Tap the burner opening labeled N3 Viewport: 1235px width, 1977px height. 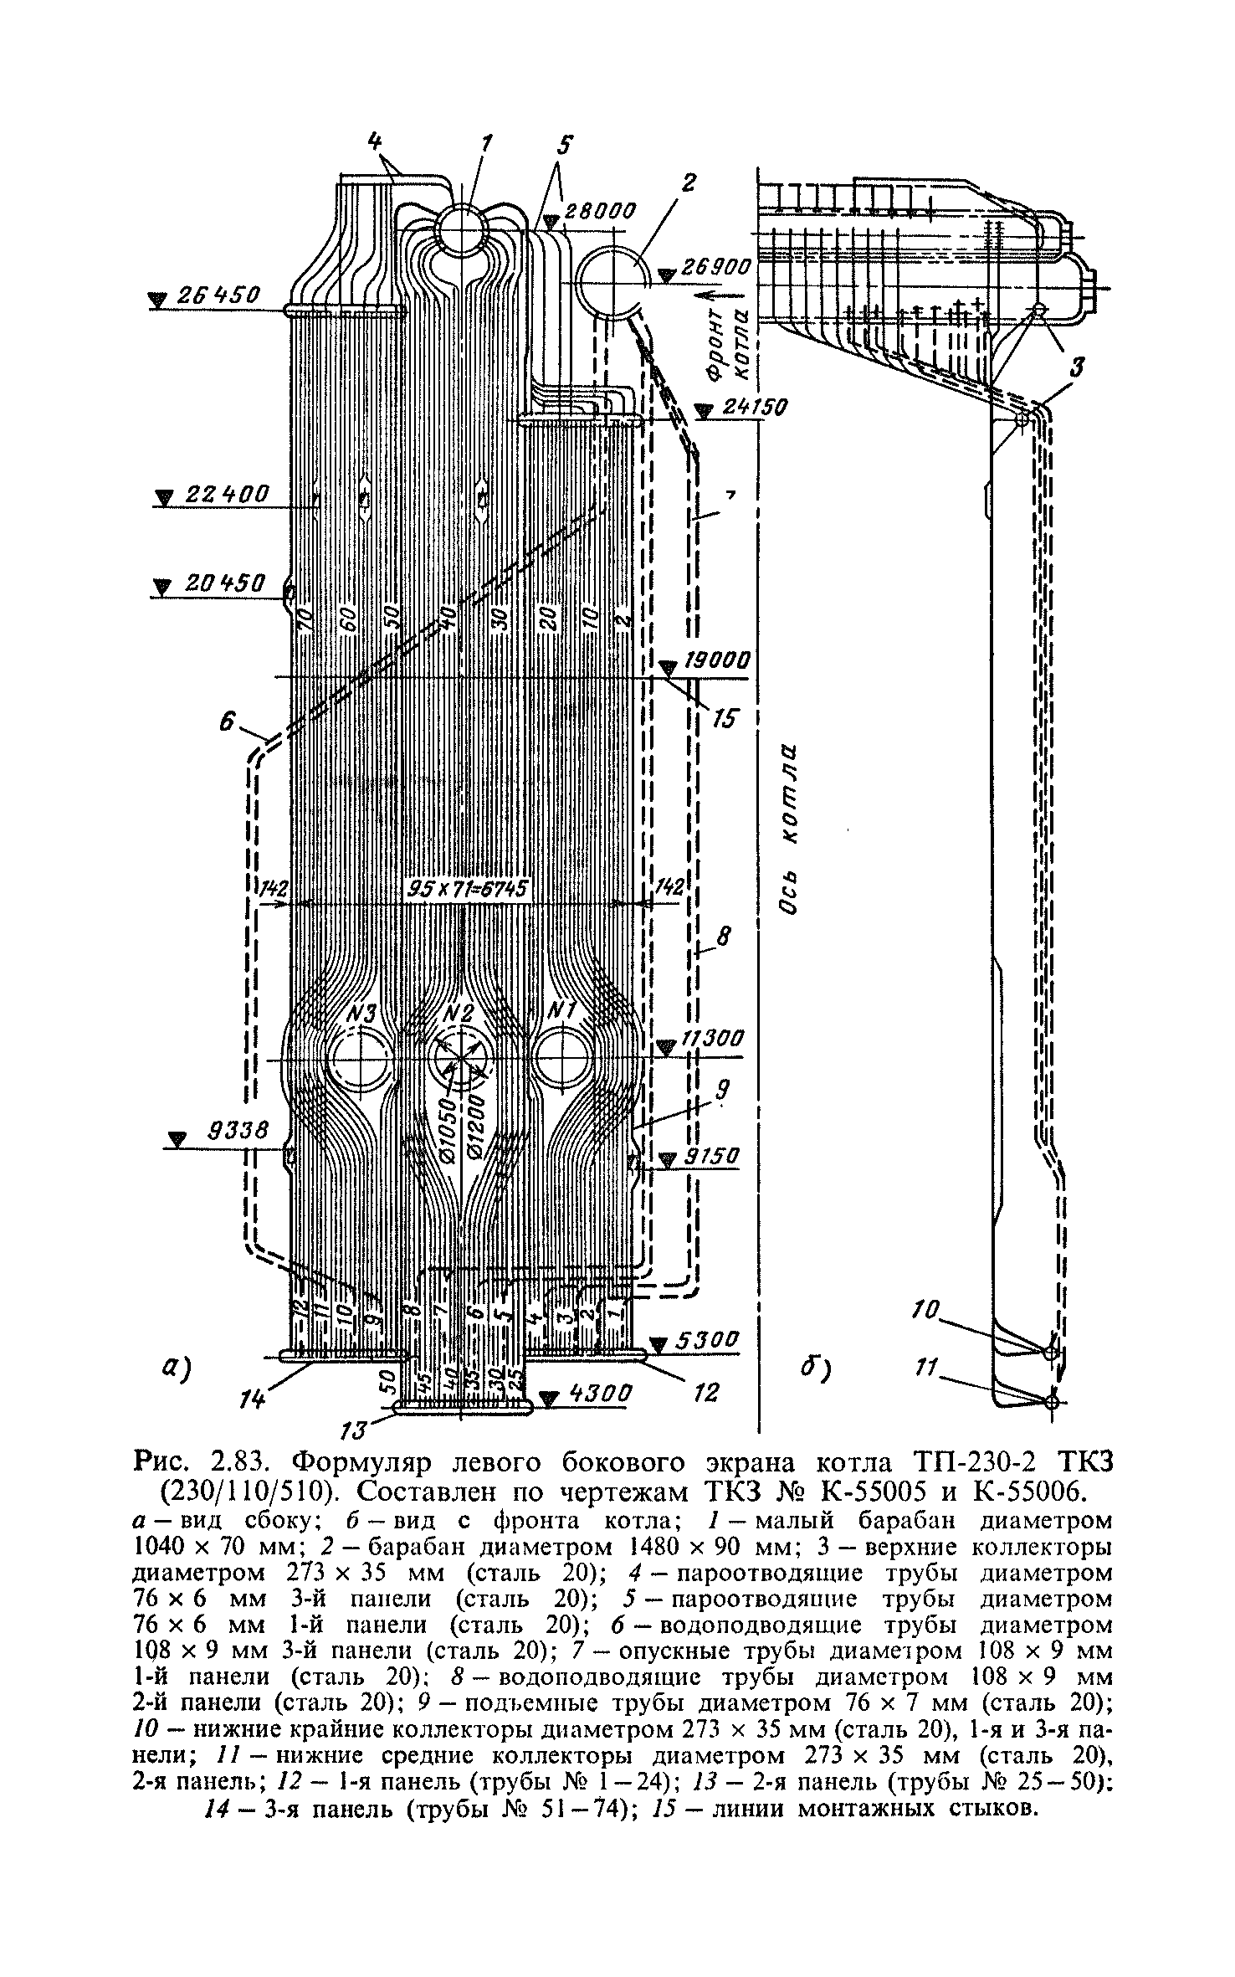360,1060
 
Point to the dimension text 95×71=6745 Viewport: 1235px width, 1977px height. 469,889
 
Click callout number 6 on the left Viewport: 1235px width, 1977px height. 226,722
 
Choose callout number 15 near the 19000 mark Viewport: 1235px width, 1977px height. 726,716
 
